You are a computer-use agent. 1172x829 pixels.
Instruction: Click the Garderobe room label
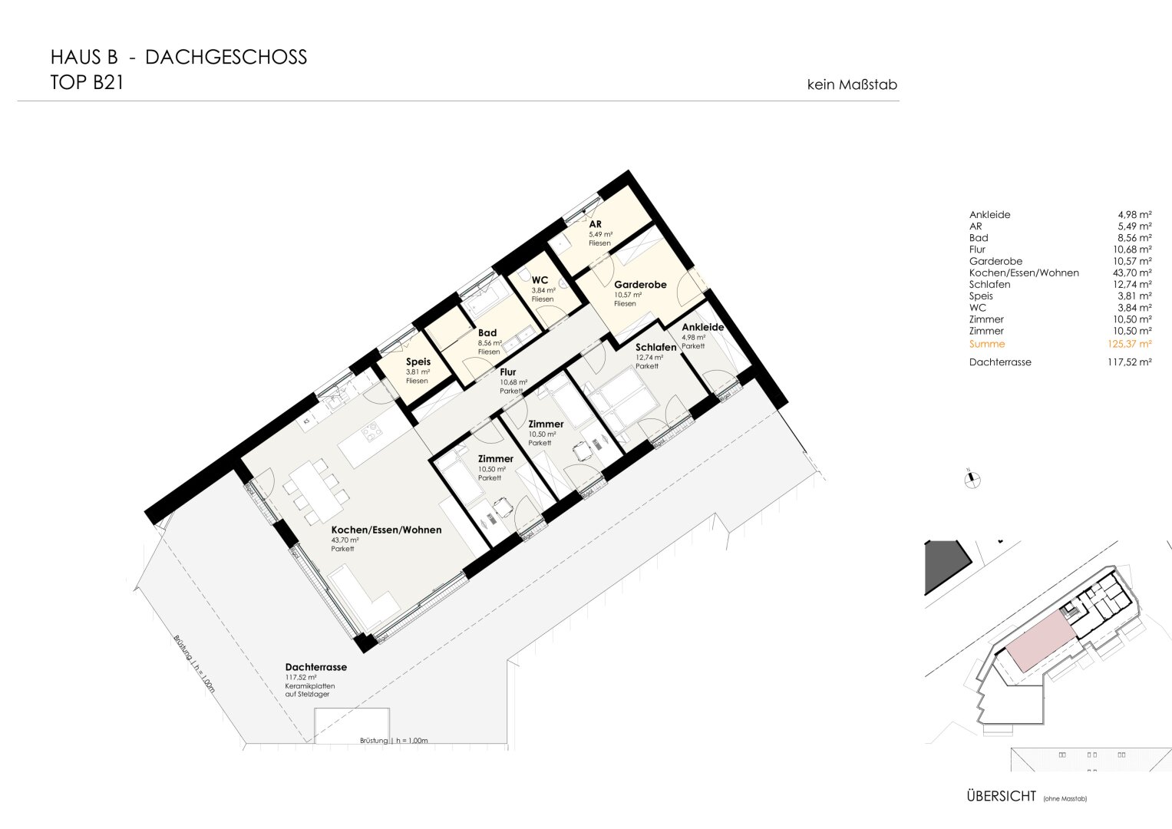pyautogui.click(x=640, y=285)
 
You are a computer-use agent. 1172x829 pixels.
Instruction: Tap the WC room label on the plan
pyautogui.click(x=540, y=280)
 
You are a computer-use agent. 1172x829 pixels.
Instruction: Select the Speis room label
pyautogui.click(x=418, y=362)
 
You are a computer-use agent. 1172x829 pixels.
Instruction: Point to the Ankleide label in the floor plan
pyautogui.click(x=703, y=327)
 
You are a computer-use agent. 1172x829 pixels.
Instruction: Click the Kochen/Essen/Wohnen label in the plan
pyautogui.click(x=386, y=530)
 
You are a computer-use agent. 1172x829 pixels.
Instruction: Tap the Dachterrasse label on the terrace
pyautogui.click(x=316, y=667)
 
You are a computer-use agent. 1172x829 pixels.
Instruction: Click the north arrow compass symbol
pyautogui.click(x=972, y=480)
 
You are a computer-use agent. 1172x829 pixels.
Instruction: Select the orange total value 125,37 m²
pyautogui.click(x=1129, y=344)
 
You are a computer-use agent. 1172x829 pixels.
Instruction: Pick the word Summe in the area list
pyautogui.click(x=987, y=344)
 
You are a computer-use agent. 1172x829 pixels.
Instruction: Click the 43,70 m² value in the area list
pyautogui.click(x=1132, y=272)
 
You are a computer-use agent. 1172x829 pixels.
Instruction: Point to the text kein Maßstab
pyautogui.click(x=852, y=84)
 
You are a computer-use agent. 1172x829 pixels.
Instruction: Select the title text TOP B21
pyautogui.click(x=87, y=83)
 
